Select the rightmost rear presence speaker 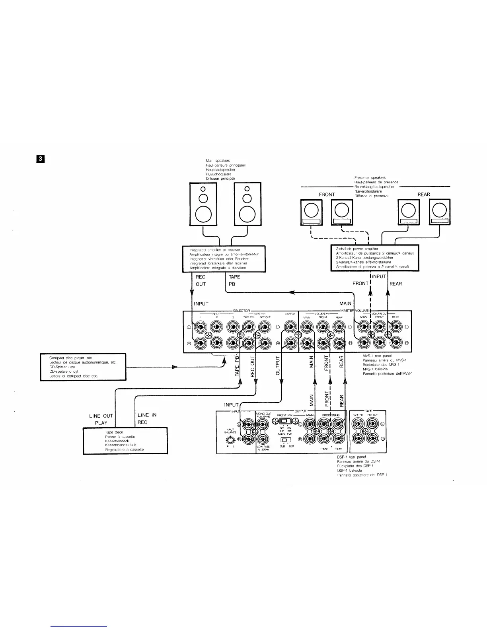click(439, 212)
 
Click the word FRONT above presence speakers click(327, 194)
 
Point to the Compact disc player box click(83, 367)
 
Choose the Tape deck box click(125, 440)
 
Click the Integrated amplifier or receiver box click(224, 259)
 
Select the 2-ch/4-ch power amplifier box click(375, 258)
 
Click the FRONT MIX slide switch click(284, 422)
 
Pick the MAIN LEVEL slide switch click(285, 439)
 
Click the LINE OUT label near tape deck click(101, 416)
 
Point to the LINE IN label click(147, 415)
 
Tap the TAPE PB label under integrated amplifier click(234, 280)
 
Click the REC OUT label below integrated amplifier click(201, 280)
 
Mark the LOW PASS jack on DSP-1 click(263, 439)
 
